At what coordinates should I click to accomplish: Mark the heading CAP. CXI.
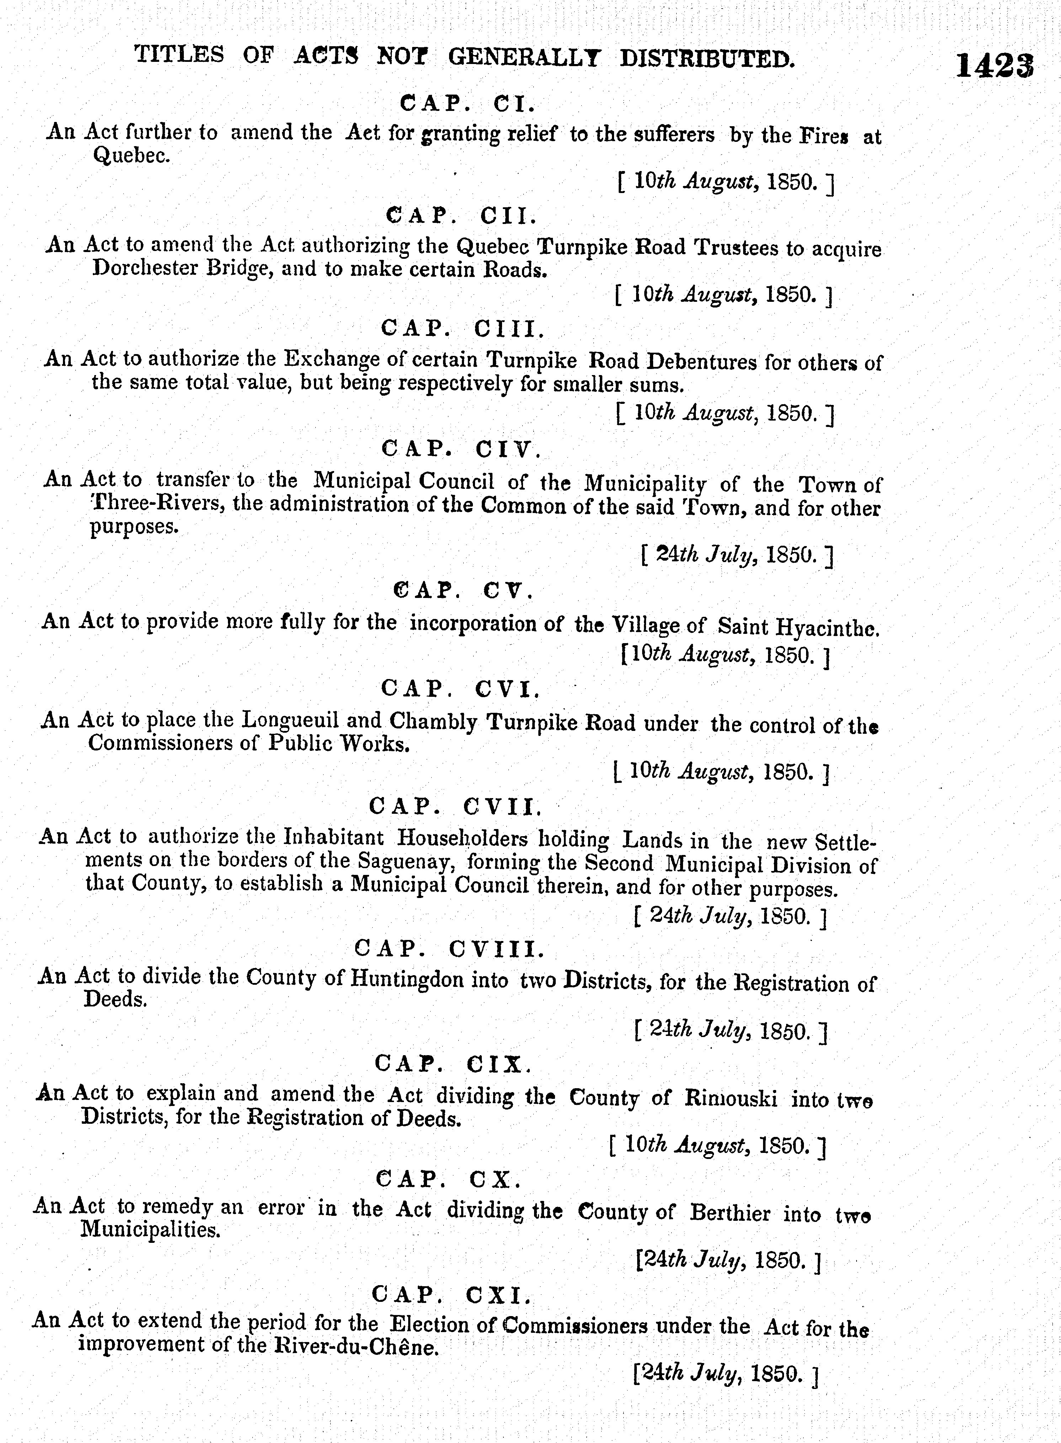click(x=453, y=1293)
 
